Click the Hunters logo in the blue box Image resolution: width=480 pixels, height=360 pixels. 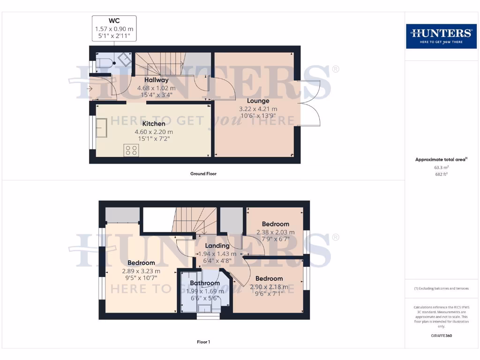click(x=441, y=36)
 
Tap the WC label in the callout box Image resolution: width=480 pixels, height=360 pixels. click(x=114, y=21)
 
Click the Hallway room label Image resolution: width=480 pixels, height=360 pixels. click(x=156, y=80)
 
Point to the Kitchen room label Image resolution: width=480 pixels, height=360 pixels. click(x=154, y=124)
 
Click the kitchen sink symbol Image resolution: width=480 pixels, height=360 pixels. click(x=102, y=127)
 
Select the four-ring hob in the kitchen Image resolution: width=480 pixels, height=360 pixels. click(x=131, y=150)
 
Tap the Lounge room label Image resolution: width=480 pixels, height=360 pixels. click(x=258, y=101)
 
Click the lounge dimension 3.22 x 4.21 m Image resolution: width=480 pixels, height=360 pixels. click(x=258, y=109)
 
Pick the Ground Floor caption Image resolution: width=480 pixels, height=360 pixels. click(x=203, y=173)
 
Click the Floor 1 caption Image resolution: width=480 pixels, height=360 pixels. click(x=203, y=342)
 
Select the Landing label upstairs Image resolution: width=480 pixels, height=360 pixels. click(x=217, y=246)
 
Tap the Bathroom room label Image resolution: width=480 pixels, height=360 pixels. click(x=205, y=283)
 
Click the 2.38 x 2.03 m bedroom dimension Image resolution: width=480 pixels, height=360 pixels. click(x=276, y=232)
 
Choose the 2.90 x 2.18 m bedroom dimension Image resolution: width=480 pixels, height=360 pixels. click(x=269, y=286)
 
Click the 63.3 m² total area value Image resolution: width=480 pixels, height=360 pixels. click(x=441, y=166)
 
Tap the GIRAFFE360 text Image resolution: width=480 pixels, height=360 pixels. click(x=441, y=336)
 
